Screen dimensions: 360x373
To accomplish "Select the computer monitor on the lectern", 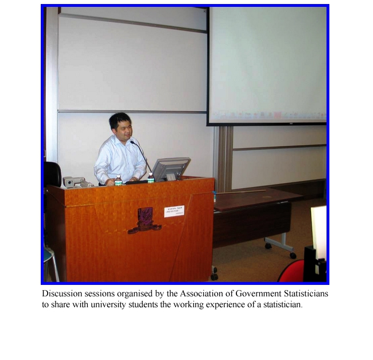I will pos(170,169).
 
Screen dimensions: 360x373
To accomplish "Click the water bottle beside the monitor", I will pos(150,178).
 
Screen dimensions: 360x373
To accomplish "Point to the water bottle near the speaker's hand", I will pos(118,181).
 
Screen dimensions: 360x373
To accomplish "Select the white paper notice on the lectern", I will pos(174,211).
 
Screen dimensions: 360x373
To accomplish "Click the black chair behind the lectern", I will pos(52,173).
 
